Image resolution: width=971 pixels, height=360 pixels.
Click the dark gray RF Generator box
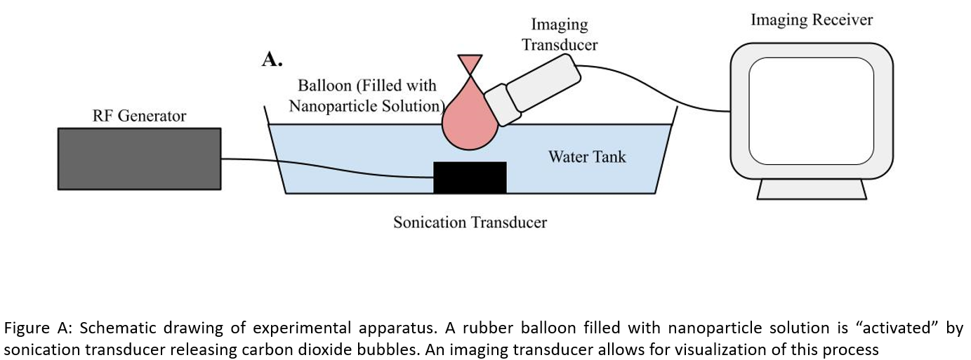(139, 159)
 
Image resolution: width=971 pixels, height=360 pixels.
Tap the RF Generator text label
(139, 116)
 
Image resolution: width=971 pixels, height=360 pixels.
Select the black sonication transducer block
(470, 178)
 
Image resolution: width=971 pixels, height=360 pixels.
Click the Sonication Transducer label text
(470, 223)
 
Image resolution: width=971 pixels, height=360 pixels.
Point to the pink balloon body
(468, 119)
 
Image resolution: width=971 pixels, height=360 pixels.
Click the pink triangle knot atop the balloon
(470, 62)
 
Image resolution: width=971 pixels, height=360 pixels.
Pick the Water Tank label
(586, 156)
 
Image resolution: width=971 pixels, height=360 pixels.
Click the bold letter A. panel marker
(272, 60)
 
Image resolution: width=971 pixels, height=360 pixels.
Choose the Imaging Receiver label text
(812, 20)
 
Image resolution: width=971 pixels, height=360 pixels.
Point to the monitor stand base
(812, 189)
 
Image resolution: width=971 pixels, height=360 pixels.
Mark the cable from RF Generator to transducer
(330, 167)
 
